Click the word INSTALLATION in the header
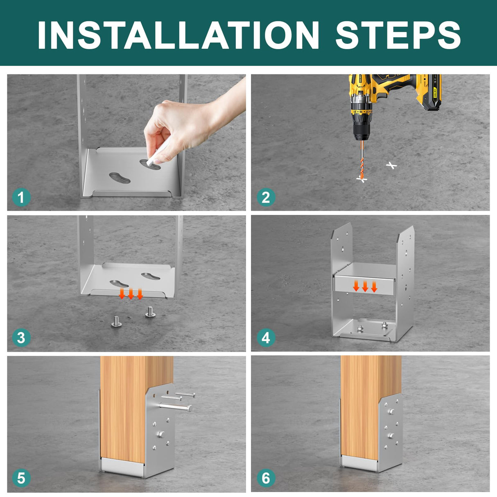(x=178, y=35)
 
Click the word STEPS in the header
(x=398, y=35)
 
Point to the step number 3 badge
(x=21, y=338)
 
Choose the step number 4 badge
(x=266, y=338)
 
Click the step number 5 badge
(x=21, y=478)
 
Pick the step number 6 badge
(x=266, y=478)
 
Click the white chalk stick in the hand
(x=158, y=152)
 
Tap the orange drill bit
(x=362, y=160)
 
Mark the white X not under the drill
(x=391, y=165)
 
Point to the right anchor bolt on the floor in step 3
(x=150, y=312)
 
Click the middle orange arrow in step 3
(x=131, y=294)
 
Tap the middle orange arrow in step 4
(x=365, y=286)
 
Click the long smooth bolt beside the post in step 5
(x=175, y=407)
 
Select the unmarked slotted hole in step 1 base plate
(x=120, y=178)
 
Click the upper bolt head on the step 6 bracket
(x=391, y=411)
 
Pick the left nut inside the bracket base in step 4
(x=360, y=328)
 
